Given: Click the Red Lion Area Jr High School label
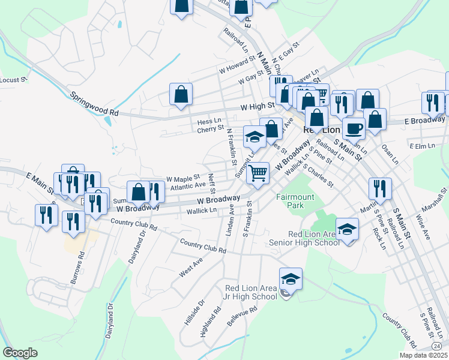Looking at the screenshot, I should click(251, 292).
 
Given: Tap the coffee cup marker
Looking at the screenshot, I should click(354, 128).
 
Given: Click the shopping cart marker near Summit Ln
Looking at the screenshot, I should click(258, 173).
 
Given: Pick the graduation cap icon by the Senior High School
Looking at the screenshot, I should click(346, 229).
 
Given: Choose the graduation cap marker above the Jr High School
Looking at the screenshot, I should click(291, 279).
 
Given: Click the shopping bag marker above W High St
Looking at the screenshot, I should click(181, 95).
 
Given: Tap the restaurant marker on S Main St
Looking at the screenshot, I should click(380, 188).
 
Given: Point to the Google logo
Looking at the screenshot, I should click(20, 353).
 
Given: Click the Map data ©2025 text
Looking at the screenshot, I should click(424, 355).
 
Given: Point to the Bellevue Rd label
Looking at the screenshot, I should click(242, 317).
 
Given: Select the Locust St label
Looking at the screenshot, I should click(13, 80).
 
